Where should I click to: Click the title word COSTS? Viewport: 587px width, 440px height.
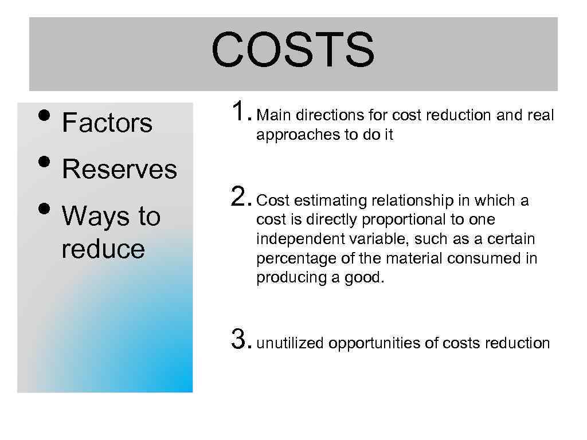[293, 49]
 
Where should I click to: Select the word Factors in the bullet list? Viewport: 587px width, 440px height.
[107, 123]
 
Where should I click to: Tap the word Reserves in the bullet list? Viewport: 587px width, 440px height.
[119, 170]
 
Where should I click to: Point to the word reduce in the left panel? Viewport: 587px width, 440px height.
[103, 249]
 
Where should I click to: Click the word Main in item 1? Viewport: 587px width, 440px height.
[273, 116]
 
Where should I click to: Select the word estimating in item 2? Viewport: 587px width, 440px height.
[323, 201]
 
